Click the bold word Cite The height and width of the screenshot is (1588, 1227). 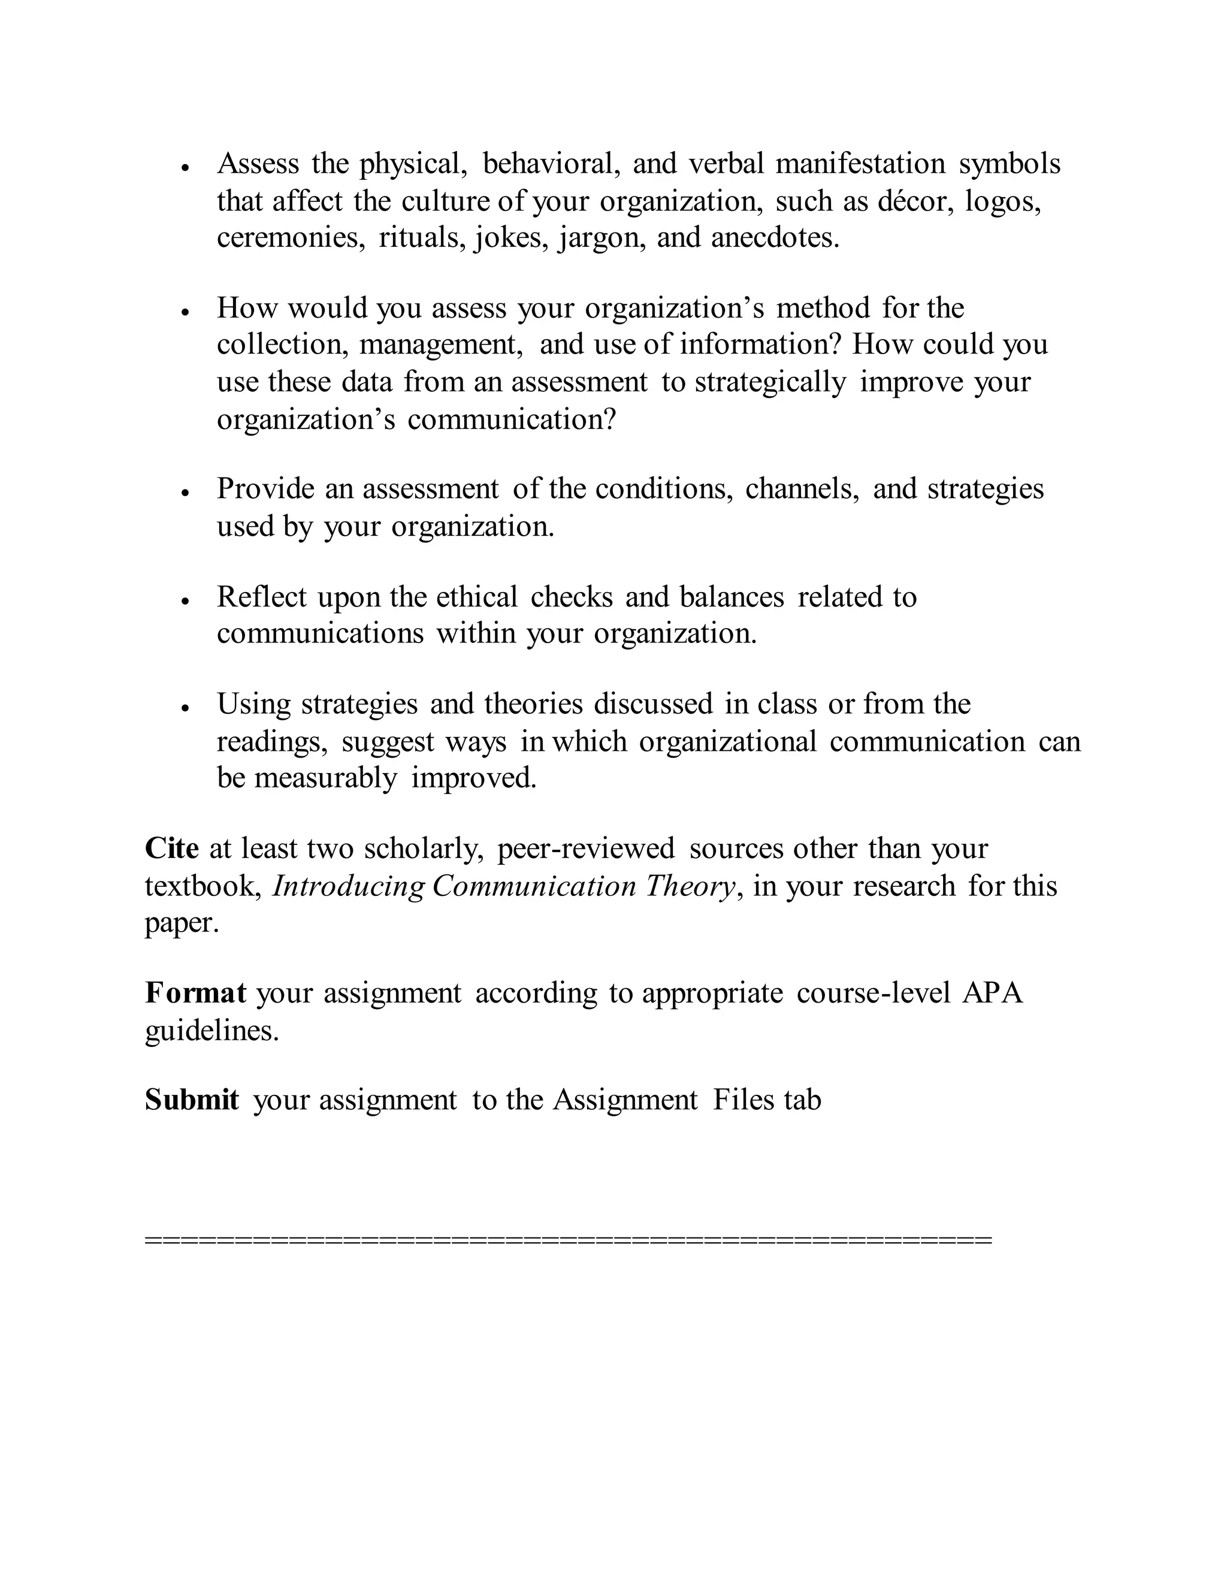pos(171,849)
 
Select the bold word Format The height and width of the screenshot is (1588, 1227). pos(195,992)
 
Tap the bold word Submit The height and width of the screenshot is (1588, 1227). pos(192,1100)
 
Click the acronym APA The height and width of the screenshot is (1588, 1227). pos(992,992)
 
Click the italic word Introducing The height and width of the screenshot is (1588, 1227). pos(348,886)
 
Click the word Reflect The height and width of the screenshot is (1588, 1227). pos(262,597)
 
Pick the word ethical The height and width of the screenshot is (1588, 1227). pos(477,597)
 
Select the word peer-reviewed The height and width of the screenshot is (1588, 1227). pos(586,849)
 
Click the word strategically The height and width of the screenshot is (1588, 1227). pos(770,382)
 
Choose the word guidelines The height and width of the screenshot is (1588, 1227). pos(211,1030)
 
